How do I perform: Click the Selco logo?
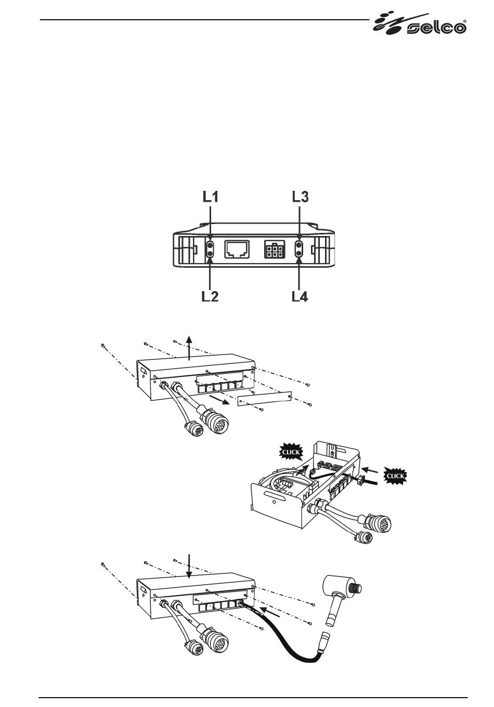pyautogui.click(x=420, y=24)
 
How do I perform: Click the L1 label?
pyautogui.click(x=210, y=197)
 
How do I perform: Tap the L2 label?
pyautogui.click(x=210, y=297)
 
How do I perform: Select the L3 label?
pyautogui.click(x=300, y=197)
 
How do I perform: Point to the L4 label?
pyautogui.click(x=300, y=297)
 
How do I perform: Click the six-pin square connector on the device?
pyautogui.click(x=274, y=250)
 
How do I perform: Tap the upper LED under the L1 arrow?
pyautogui.click(x=210, y=245)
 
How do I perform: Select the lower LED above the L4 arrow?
pyautogui.click(x=299, y=254)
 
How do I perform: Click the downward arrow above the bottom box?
pyautogui.click(x=190, y=566)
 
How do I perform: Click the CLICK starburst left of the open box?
pyautogui.click(x=291, y=452)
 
